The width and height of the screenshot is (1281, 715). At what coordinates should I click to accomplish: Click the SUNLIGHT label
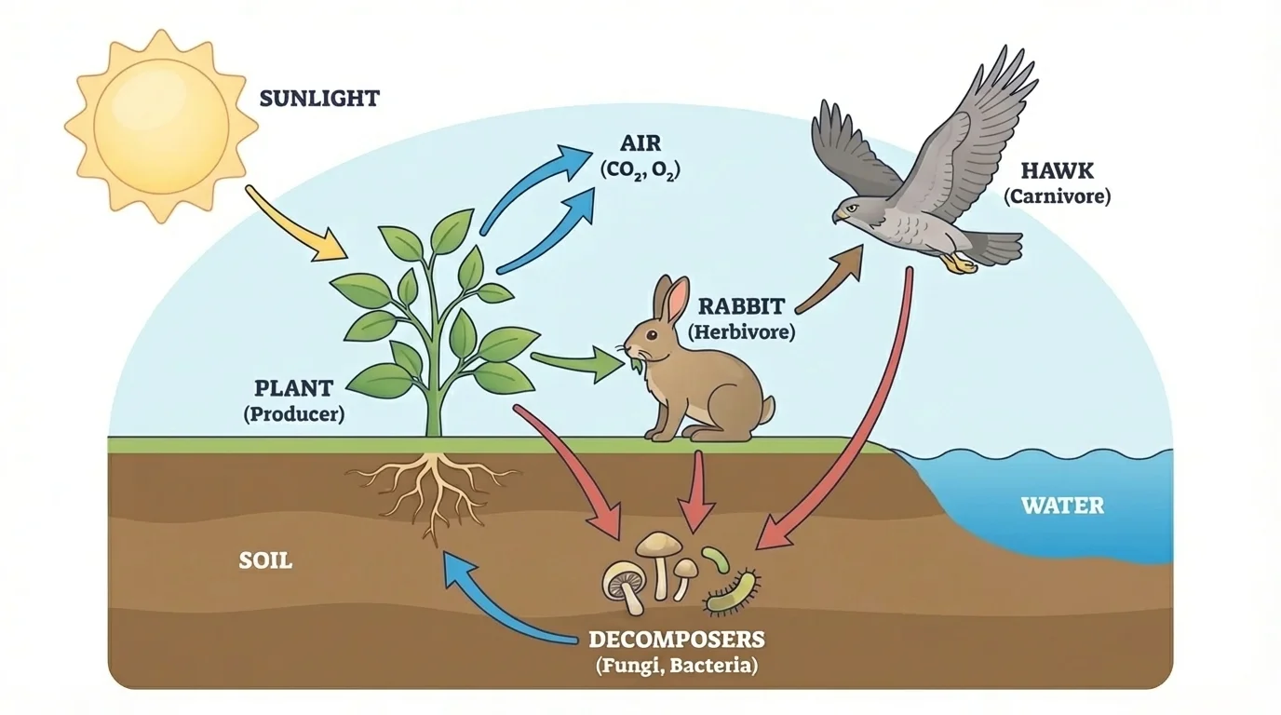(x=319, y=98)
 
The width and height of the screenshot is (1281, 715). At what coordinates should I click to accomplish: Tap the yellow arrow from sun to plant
(x=296, y=225)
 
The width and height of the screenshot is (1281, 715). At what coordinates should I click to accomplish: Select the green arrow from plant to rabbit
(x=577, y=363)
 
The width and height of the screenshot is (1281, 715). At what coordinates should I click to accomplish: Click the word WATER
(x=1062, y=506)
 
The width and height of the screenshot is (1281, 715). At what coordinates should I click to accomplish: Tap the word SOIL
(x=265, y=561)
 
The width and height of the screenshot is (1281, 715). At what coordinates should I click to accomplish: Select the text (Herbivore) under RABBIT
(x=741, y=331)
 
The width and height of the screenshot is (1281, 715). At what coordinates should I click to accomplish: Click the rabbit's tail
(x=767, y=408)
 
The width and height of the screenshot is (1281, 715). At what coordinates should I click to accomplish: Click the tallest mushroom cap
(x=658, y=542)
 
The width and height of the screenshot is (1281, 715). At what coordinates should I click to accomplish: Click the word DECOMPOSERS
(x=677, y=641)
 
